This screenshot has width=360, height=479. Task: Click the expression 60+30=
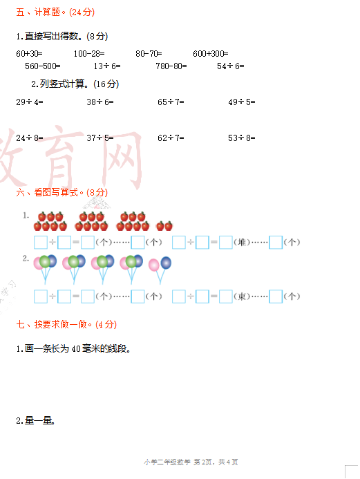29,54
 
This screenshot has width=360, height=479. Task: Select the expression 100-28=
89,54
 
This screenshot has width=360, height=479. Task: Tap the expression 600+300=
210,54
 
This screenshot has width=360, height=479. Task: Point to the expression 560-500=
43,66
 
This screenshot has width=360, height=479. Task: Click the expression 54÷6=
231,66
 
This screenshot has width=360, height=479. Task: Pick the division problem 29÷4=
30,102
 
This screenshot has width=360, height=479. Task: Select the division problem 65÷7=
171,102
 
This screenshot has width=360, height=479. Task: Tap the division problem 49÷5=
242,102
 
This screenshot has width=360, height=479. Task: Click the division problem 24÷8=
30,138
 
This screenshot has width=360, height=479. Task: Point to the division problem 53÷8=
242,138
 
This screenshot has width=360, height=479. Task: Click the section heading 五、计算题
39,12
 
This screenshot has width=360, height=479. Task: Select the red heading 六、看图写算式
47,192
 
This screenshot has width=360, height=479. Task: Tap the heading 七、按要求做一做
52,324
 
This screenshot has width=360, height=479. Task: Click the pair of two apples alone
164,226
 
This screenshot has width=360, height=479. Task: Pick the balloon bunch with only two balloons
160,270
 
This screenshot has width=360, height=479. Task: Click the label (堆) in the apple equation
242,243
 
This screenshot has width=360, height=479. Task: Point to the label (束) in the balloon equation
242,297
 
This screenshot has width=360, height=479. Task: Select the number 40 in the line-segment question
76,349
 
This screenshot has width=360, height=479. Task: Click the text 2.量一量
35,421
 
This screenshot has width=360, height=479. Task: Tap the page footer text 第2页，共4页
216,462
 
